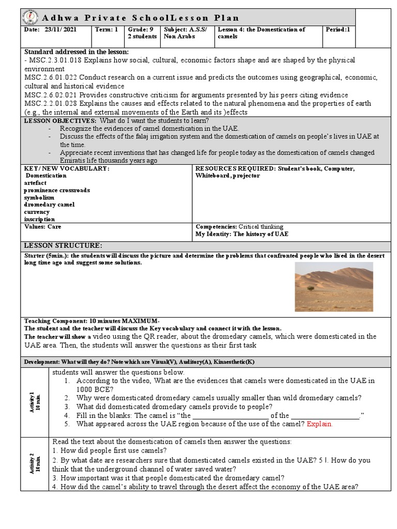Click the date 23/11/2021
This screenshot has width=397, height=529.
click(60, 30)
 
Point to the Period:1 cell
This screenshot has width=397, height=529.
click(338, 30)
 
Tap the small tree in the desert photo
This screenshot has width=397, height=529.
click(310, 288)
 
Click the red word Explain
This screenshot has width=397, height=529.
click(319, 424)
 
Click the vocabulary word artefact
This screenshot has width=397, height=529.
click(35, 183)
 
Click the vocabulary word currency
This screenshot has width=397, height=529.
click(37, 212)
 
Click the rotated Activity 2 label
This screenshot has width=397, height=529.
click(34, 463)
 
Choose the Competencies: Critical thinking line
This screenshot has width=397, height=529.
click(239, 227)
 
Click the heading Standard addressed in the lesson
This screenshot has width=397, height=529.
click(77, 52)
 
